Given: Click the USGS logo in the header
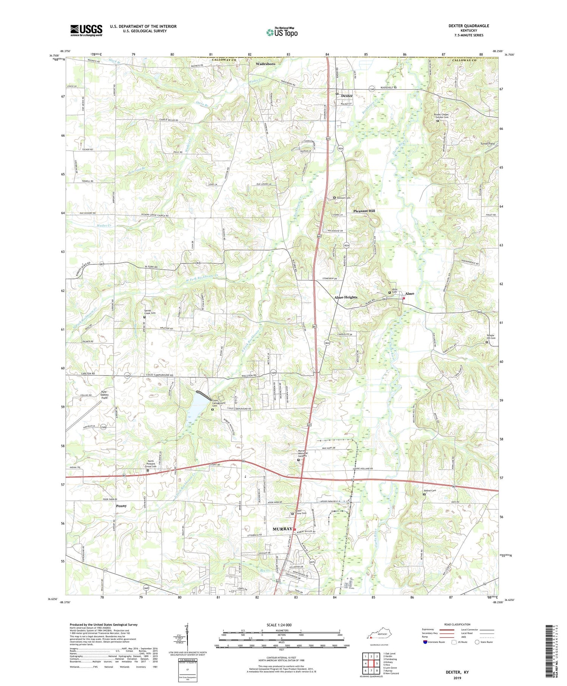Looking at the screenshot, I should tap(86, 30).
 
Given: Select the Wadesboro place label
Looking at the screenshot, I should tap(265, 64).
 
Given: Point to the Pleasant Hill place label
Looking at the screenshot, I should tap(364, 211).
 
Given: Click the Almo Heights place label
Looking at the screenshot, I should tap(345, 297).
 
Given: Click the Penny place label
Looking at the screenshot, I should tap(121, 506).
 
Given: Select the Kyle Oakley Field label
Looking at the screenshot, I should tap(104, 395).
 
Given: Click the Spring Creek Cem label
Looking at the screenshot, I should tap(150, 312).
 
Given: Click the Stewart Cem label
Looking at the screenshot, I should tap(344, 198).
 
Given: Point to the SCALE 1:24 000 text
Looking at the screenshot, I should tap(282, 625).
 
